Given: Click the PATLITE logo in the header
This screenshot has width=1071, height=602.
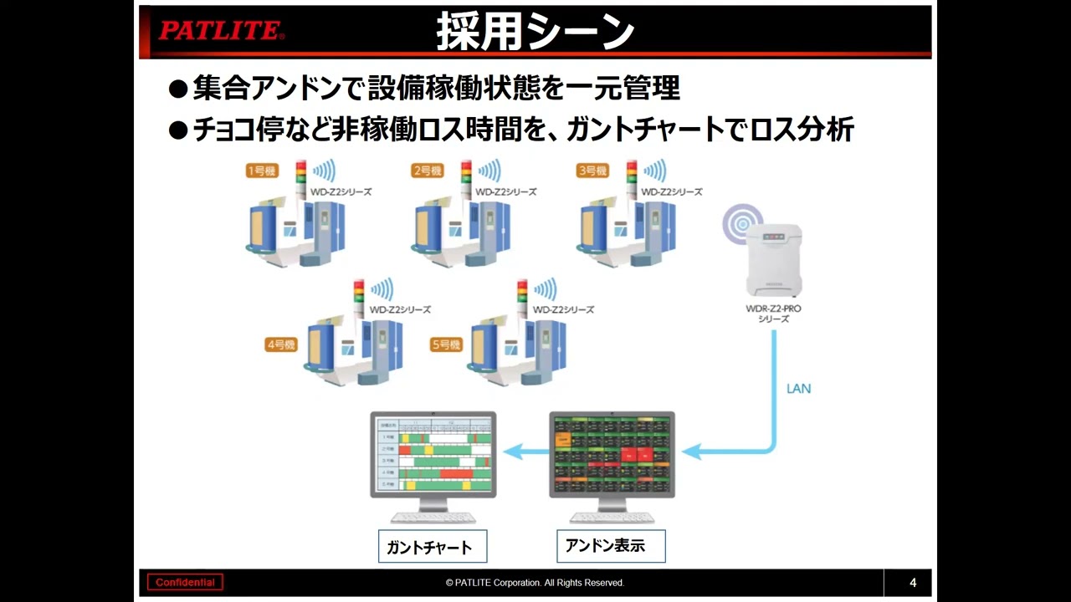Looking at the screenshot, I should coord(221,31).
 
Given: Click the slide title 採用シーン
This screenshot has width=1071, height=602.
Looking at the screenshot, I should coord(535,32).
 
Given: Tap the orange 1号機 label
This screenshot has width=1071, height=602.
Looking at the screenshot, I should coord(262,171).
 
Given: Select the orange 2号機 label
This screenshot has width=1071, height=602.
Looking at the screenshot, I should coord(427,171).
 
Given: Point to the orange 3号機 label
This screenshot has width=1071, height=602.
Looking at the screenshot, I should coord(592,171).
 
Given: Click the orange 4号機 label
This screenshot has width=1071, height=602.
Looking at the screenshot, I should coord(281,344).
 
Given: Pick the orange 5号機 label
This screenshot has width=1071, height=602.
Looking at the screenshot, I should coord(446,344).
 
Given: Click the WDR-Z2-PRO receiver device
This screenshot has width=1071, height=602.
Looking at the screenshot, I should coord(774,260).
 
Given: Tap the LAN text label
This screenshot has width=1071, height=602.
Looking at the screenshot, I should coord(798,389).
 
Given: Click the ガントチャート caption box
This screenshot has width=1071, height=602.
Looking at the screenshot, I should coord(432,547).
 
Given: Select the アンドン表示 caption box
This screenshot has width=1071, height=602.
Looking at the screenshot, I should coord(611,546).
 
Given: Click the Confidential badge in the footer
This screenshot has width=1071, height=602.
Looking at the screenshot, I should coord(185,583).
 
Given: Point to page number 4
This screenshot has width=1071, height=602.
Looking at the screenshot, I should coord(913,583).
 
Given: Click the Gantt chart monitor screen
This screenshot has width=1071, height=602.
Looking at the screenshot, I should coord(433,453).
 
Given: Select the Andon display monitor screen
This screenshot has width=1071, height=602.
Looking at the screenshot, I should coord(612,453).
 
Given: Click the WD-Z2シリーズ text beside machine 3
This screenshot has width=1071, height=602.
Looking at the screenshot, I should coord(671,192).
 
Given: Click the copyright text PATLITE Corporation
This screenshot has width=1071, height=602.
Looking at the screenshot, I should coord(535,583).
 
